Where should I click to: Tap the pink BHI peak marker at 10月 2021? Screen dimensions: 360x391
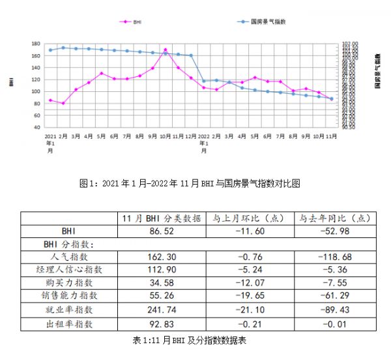[166, 50]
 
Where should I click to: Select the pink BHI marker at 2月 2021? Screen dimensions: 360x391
[63, 103]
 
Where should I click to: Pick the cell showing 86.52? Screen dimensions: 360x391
[161, 231]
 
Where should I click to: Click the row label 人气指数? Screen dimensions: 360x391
[70, 257]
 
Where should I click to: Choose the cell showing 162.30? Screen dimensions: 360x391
[161, 257]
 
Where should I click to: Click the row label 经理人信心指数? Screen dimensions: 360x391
[70, 270]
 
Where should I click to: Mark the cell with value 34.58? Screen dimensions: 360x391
[161, 283]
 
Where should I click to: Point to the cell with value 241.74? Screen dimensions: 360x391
[161, 310]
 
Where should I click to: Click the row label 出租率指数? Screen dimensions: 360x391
[70, 323]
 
